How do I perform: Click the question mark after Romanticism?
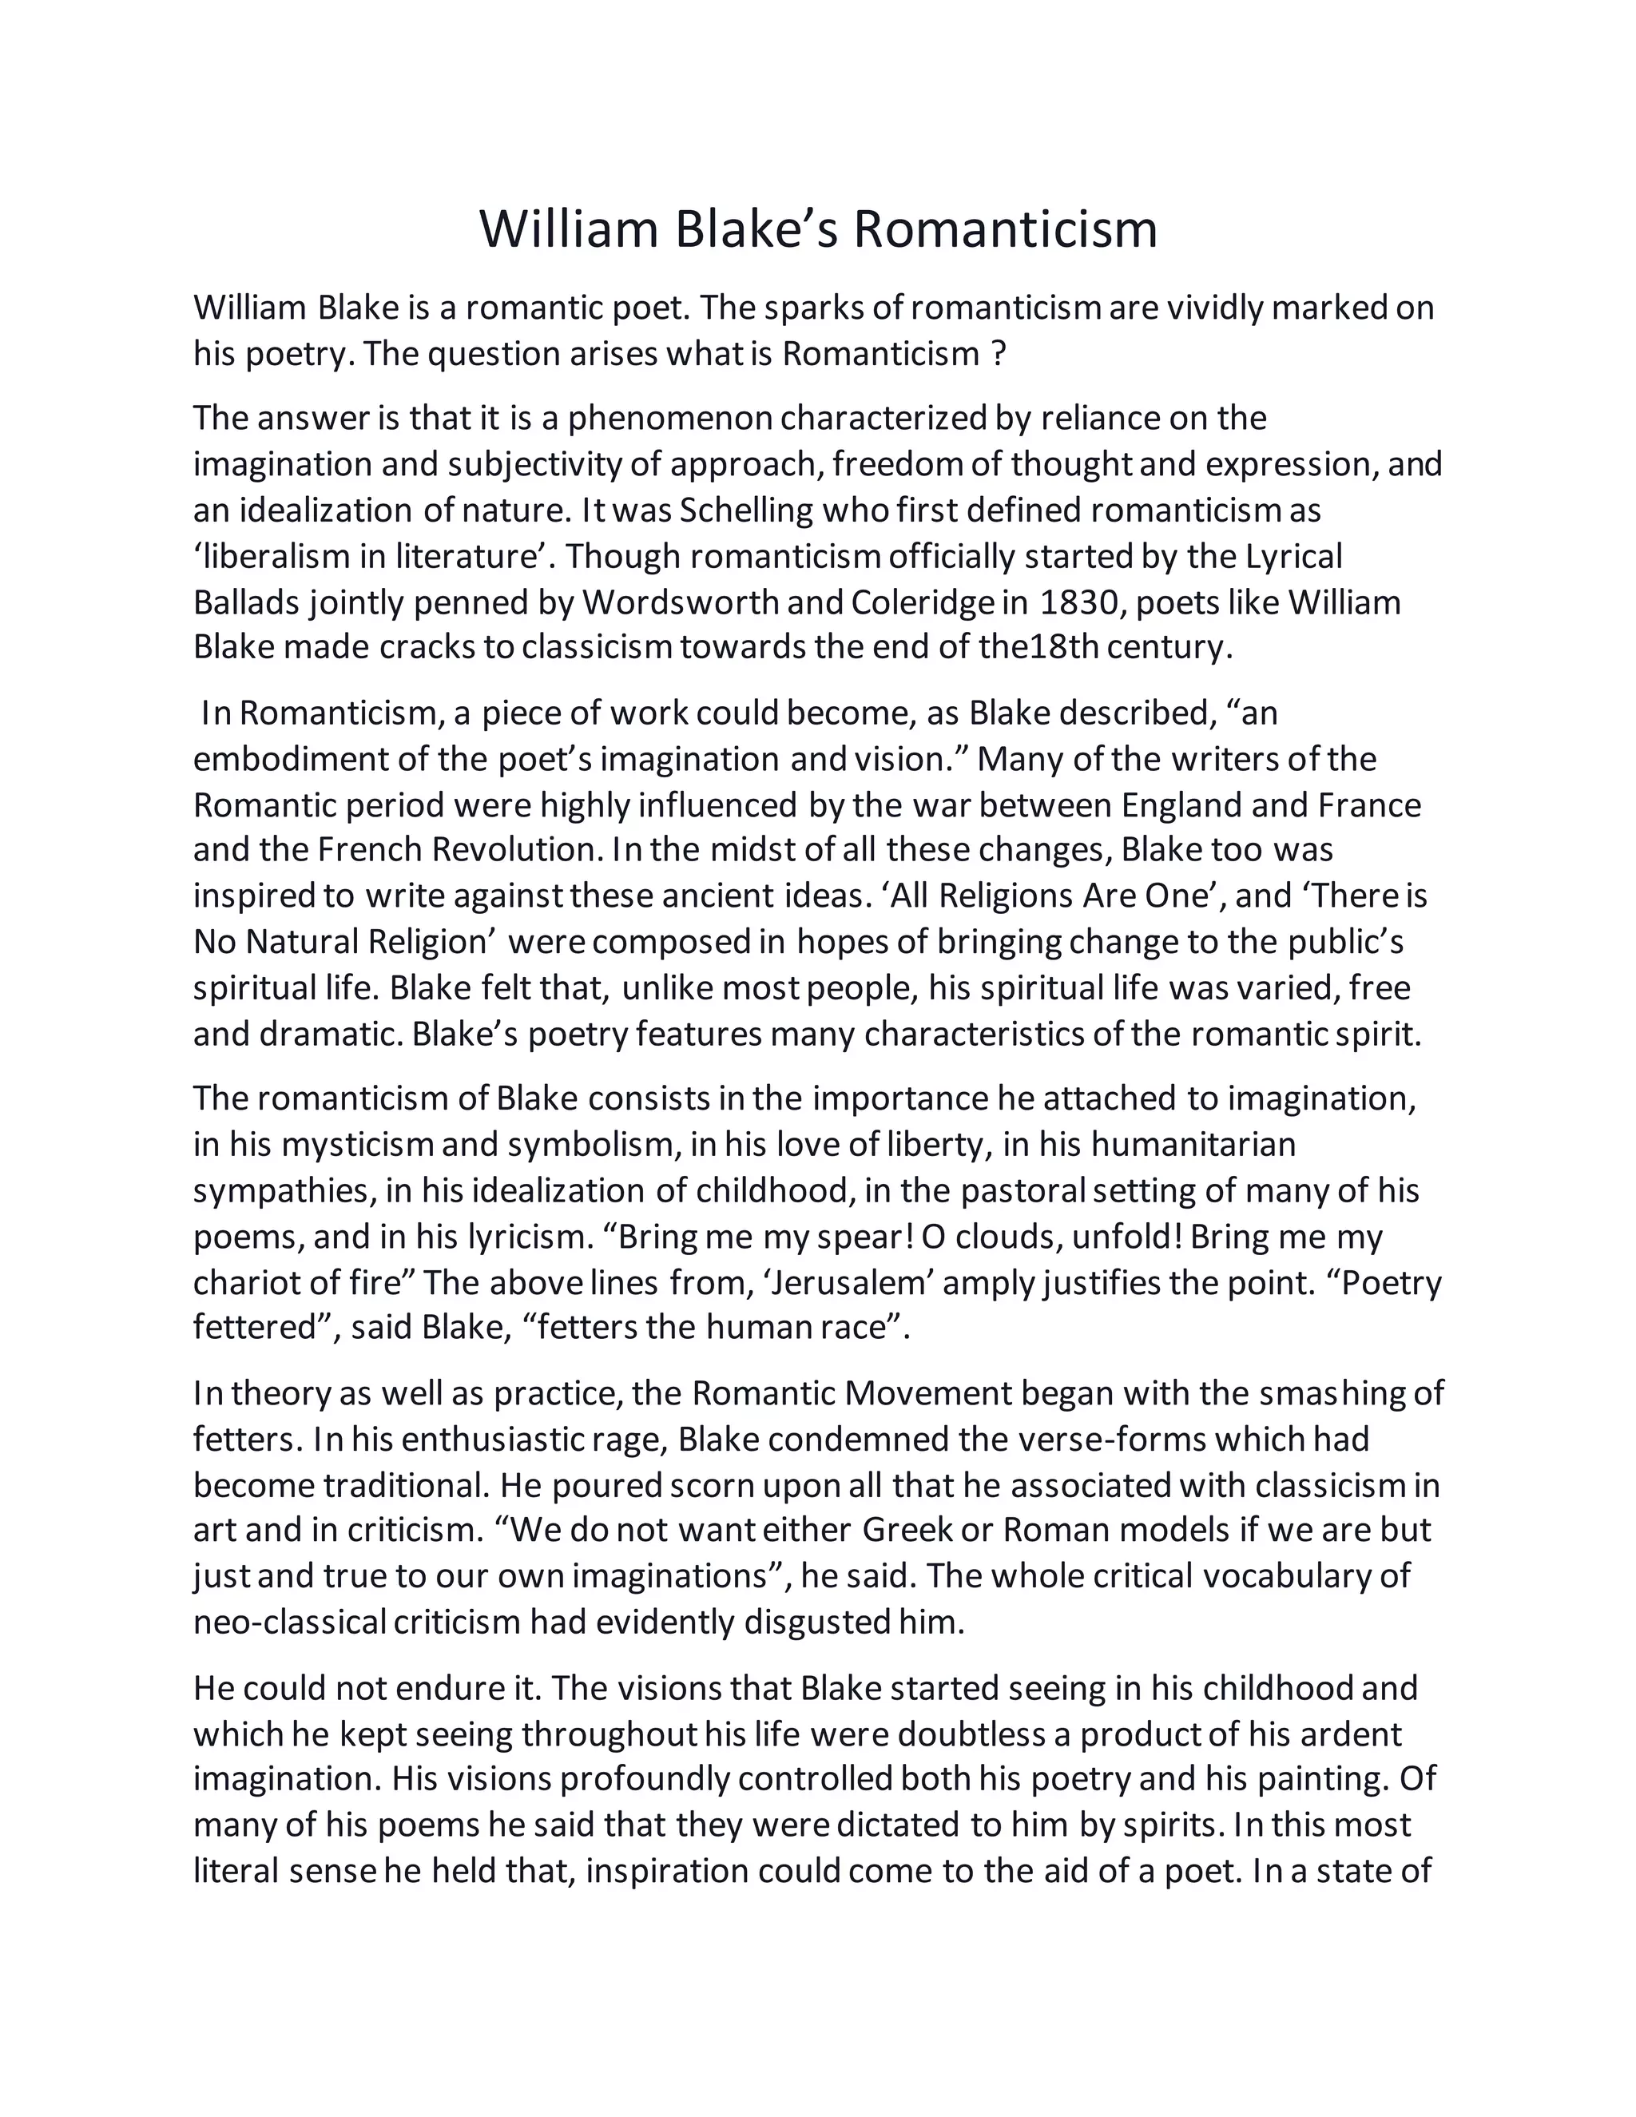click(999, 354)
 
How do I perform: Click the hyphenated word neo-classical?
click(290, 1623)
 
